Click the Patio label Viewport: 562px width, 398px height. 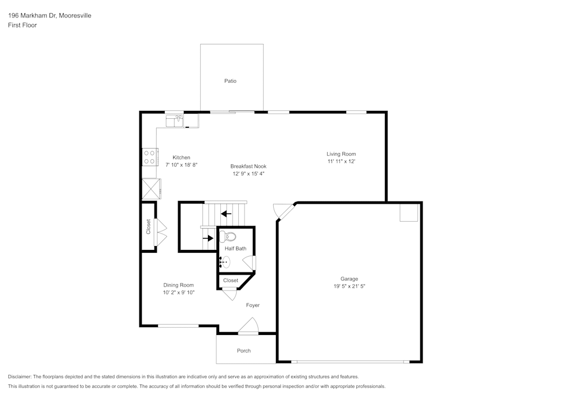coord(230,81)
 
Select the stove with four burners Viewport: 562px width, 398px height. coord(149,156)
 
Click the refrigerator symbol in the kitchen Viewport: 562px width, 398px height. coord(151,189)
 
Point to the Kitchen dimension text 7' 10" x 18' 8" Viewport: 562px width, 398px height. coord(182,165)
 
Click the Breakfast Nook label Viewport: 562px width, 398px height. coord(248,166)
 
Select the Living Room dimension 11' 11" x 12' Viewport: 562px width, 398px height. coord(341,161)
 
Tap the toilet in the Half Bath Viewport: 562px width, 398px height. coord(228,236)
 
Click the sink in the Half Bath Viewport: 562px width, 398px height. coord(225,262)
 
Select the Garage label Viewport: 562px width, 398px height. coord(349,279)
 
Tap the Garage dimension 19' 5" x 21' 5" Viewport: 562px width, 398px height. coord(349,286)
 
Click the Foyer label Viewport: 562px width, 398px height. coord(253,305)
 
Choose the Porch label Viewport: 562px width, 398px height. coord(243,351)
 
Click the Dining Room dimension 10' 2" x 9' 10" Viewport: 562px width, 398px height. coord(179,293)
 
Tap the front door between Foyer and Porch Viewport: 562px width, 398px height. coord(248,327)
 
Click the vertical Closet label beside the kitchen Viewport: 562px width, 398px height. coord(148,226)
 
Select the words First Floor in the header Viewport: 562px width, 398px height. coord(22,25)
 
